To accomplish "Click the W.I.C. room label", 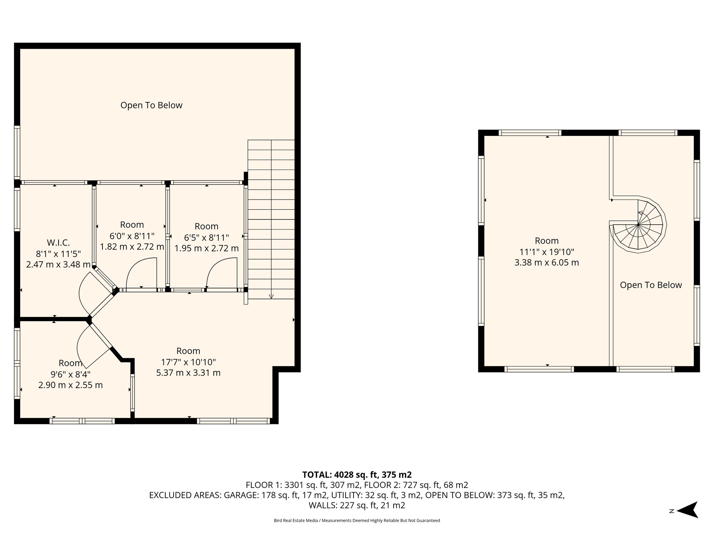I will click(58, 242).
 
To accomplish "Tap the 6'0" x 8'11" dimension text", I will click(132, 236).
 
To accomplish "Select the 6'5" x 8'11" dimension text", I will click(206, 238).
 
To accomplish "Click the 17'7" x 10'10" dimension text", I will click(188, 362).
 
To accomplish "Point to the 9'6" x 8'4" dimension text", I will click(70, 374).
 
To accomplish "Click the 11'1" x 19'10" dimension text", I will click(547, 251).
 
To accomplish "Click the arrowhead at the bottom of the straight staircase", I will click(271, 297).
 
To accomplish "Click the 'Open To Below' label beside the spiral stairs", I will click(651, 285).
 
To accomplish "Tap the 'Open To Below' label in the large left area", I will click(151, 105).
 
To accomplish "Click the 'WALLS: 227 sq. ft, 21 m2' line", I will click(357, 505).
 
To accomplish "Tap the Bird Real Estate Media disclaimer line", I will click(357, 521).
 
